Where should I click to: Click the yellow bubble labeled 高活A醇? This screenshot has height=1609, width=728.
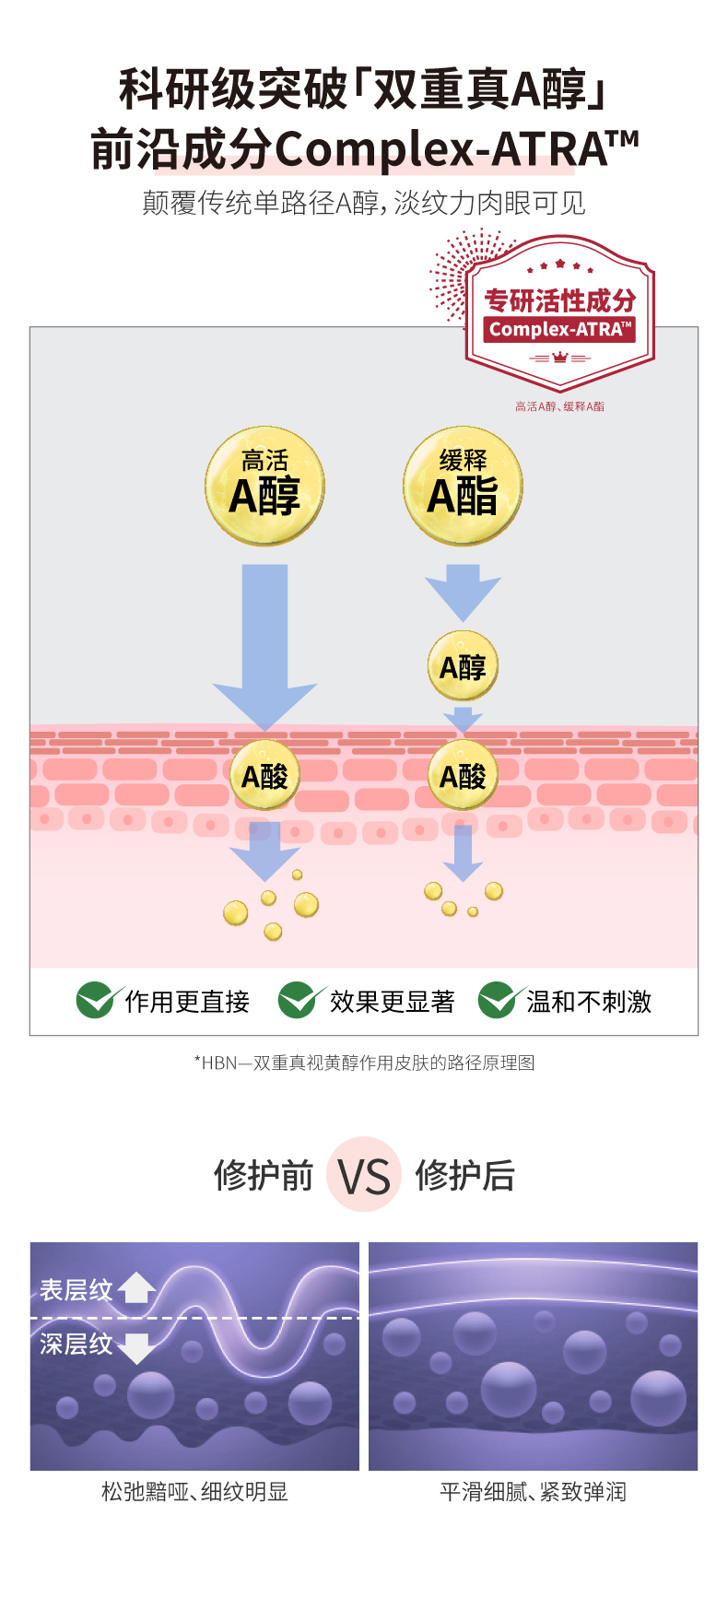click(x=264, y=485)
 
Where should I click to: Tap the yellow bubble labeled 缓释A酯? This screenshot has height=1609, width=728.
click(x=463, y=485)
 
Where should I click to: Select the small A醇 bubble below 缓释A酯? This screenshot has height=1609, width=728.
click(x=463, y=665)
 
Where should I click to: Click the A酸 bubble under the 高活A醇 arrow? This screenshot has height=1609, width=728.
click(x=264, y=776)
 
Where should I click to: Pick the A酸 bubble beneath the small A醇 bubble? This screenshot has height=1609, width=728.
click(x=463, y=776)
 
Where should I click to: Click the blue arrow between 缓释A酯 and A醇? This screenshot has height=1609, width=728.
click(x=463, y=590)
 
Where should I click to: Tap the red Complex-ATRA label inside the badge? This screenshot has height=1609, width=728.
click(x=559, y=329)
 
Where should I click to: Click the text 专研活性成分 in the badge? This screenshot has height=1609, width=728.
click(x=559, y=300)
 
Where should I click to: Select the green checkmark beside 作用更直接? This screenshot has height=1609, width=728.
click(x=95, y=1000)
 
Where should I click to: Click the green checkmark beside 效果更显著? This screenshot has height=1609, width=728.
click(x=298, y=1000)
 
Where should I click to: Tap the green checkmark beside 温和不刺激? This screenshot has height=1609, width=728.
click(x=497, y=1000)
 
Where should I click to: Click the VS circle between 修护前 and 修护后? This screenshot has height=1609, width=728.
click(x=364, y=1175)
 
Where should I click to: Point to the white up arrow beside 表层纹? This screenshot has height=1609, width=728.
click(x=136, y=1287)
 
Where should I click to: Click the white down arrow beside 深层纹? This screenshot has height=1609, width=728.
click(x=136, y=1347)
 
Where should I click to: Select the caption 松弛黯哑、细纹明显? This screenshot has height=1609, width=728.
click(x=194, y=1492)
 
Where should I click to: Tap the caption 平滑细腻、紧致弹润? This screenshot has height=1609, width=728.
click(x=533, y=1492)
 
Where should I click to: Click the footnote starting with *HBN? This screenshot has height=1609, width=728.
click(x=364, y=1063)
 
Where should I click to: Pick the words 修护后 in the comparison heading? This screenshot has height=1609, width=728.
click(x=464, y=1175)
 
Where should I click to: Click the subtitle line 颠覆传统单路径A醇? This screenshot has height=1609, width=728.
click(x=364, y=203)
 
